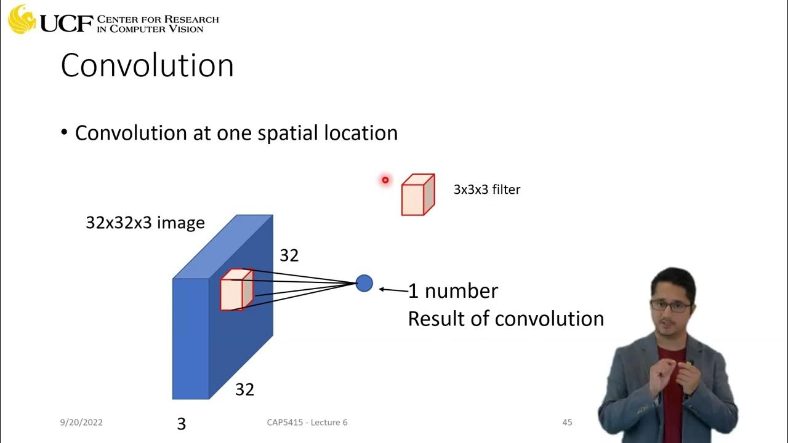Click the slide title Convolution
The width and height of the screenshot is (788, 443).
147,65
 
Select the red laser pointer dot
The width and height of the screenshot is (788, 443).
385,180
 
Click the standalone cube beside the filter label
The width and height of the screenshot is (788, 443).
417,195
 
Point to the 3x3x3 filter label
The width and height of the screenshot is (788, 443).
486,190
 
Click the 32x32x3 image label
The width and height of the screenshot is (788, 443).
145,223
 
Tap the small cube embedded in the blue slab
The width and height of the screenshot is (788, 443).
236,290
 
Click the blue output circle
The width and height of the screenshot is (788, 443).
364,283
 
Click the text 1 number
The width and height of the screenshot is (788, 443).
453,291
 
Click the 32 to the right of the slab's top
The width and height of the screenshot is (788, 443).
289,255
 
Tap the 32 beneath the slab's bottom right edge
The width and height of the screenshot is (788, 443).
244,389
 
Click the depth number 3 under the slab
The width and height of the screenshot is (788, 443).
181,423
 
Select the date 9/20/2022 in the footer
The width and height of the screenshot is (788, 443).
81,422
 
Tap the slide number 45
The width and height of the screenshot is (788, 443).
567,422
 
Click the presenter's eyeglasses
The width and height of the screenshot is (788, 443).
670,305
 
